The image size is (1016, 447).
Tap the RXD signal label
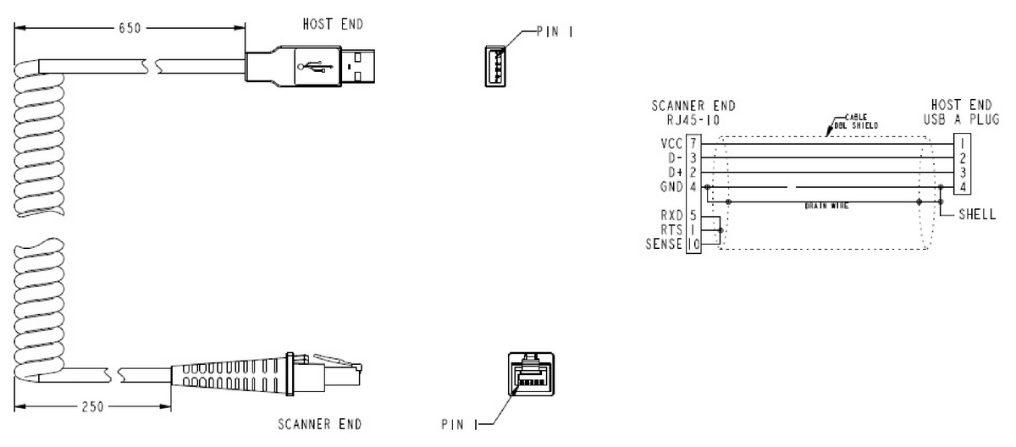click(x=674, y=216)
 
